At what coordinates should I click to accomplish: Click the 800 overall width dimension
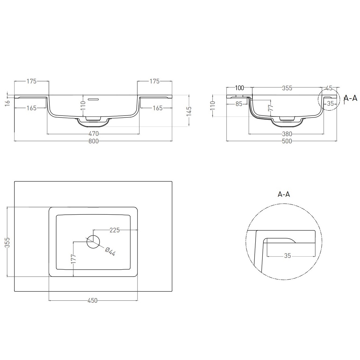pyautogui.click(x=94, y=141)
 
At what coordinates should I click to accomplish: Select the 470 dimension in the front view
pyautogui.click(x=94, y=134)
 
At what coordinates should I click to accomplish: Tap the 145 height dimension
pyautogui.click(x=189, y=111)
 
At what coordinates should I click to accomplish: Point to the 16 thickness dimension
pyautogui.click(x=7, y=102)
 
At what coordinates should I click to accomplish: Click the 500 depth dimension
pyautogui.click(x=287, y=141)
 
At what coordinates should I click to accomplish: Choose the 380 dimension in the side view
pyautogui.click(x=287, y=134)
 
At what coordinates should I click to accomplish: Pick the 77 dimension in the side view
pyautogui.click(x=271, y=107)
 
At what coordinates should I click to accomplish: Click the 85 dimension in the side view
pyautogui.click(x=239, y=104)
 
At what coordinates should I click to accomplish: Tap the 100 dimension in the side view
pyautogui.click(x=240, y=88)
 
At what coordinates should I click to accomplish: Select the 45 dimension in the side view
pyautogui.click(x=329, y=88)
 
